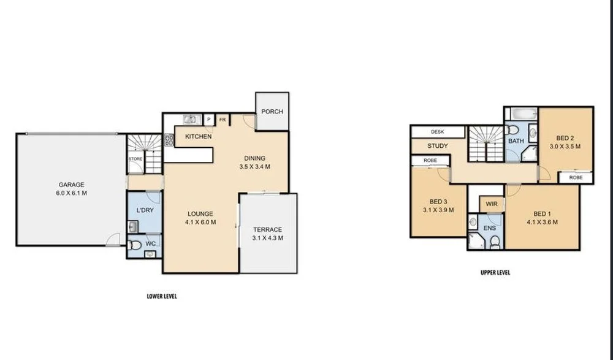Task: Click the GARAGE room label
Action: point(71,185)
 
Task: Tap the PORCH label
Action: point(272,112)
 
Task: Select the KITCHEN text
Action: point(198,136)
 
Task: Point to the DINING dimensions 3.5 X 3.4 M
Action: point(254,166)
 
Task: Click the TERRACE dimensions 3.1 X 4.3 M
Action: point(267,238)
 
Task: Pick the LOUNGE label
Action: point(200,214)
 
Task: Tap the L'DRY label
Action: point(145,210)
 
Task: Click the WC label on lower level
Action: point(150,243)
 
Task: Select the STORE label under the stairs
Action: point(135,159)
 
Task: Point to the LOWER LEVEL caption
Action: point(162,296)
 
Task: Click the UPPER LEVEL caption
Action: point(495,272)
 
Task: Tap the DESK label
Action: point(437,132)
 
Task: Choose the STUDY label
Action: point(437,146)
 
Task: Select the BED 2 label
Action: point(565,138)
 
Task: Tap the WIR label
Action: point(491,204)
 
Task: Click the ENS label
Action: point(489,228)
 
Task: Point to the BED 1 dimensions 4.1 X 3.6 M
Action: point(542,222)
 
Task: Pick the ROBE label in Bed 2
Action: point(576,177)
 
